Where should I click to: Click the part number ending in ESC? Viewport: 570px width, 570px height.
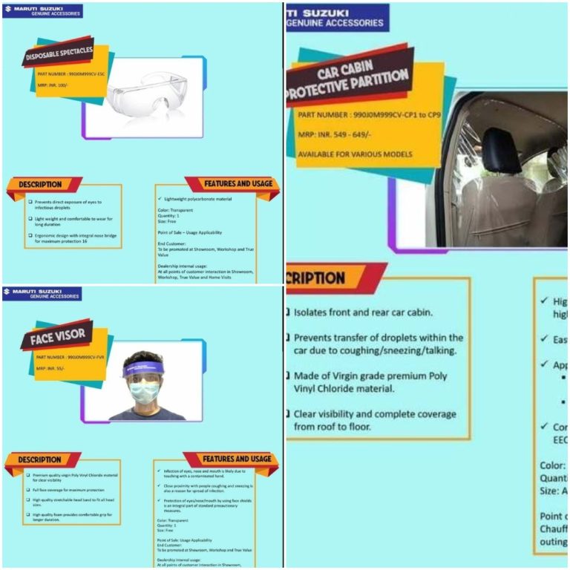72,75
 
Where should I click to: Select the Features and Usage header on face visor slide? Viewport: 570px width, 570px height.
237,459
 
